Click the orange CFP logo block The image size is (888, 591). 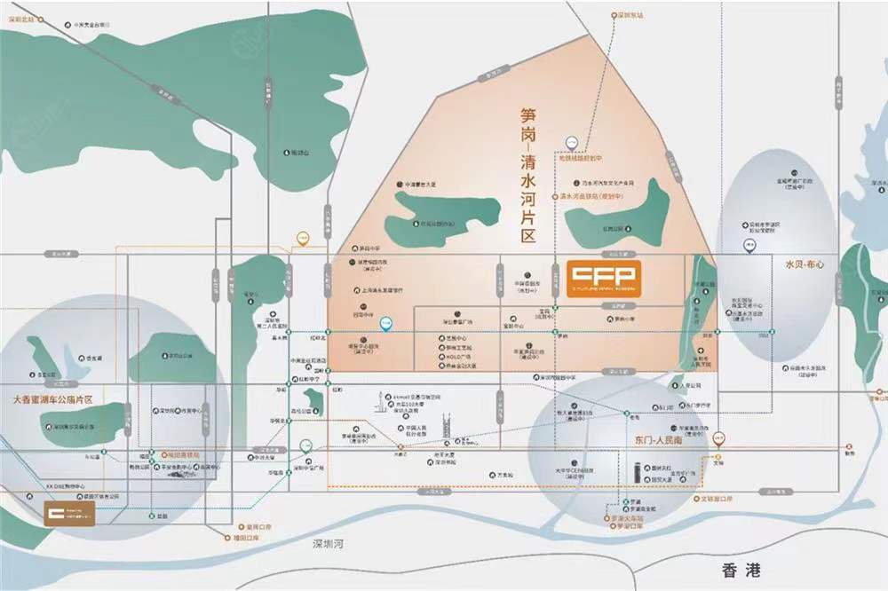pos(602,278)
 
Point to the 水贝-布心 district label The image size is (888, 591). pos(805,264)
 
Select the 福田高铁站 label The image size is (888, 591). pos(181,453)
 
